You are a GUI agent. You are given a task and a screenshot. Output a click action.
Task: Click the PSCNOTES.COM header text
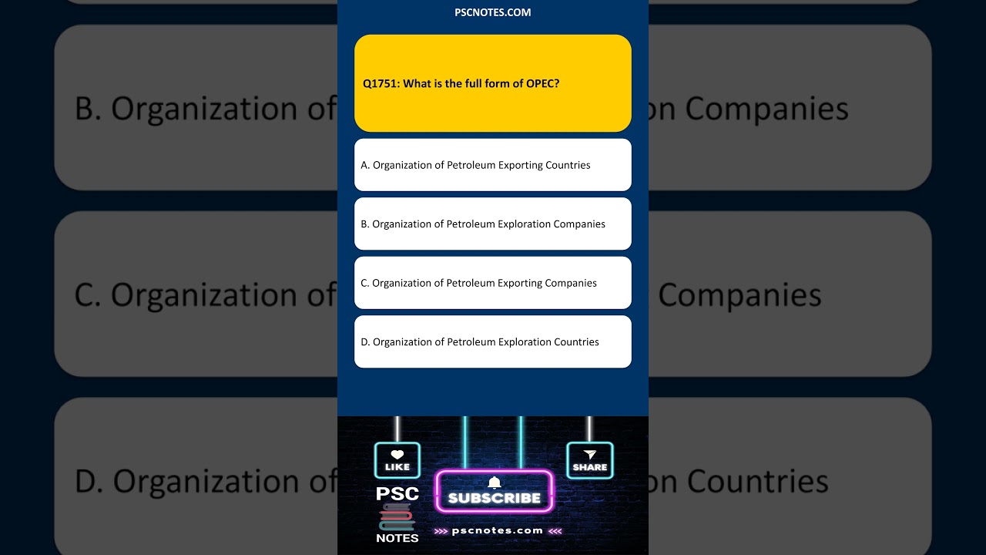pos(493,12)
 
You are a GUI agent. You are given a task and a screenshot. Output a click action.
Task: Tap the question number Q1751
pos(381,83)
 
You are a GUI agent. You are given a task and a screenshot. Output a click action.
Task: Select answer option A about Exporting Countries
pos(492,165)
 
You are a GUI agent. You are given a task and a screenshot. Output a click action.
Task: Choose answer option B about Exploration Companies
pos(492,224)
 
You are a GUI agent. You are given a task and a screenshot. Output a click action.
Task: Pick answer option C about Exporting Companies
pos(492,283)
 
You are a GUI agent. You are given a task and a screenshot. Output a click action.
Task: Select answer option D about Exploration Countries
pos(492,342)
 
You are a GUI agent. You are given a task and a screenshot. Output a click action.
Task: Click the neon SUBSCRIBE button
pos(495,497)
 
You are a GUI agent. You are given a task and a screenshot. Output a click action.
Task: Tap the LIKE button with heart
pos(397,460)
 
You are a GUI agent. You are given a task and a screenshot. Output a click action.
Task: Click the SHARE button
pos(590,460)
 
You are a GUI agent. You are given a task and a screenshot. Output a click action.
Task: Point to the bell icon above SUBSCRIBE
pos(495,483)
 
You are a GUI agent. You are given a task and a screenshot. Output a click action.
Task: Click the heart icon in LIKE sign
pos(397,455)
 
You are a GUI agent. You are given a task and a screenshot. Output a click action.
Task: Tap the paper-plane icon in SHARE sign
pos(590,455)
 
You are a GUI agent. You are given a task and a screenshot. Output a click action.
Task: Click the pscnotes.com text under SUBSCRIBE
pos(498,530)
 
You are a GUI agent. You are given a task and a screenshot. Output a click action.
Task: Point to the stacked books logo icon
pos(397,517)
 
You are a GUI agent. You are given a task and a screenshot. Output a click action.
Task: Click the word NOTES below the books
pos(397,538)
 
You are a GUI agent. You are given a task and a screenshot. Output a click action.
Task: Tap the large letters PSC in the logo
pos(397,494)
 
